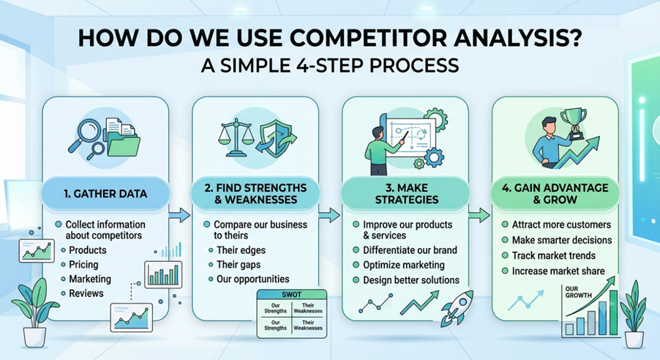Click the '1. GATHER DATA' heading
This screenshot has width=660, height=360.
(x=105, y=194)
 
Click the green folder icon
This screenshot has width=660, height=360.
(x=124, y=144)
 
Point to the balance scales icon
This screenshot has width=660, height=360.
(x=236, y=137)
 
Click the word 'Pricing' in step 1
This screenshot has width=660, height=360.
(x=83, y=264)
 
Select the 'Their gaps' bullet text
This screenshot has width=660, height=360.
(x=239, y=264)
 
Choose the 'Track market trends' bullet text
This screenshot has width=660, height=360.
(x=553, y=255)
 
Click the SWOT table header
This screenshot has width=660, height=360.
(x=292, y=295)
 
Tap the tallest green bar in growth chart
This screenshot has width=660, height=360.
(x=613, y=312)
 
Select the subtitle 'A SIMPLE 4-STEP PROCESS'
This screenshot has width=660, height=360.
(x=330, y=65)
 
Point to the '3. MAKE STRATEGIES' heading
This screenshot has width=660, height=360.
(x=407, y=194)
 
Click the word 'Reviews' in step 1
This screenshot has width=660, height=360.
(x=86, y=293)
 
